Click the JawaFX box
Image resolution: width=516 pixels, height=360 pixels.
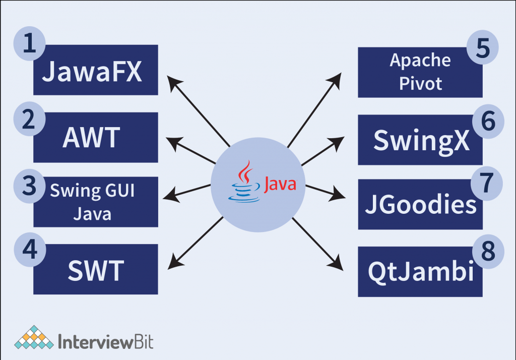pos(96,71)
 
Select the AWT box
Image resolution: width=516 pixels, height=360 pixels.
pos(96,138)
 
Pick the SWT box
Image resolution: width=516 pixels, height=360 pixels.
pos(96,270)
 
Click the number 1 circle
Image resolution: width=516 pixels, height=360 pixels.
pos(30,44)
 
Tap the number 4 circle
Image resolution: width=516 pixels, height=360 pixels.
pos(30,250)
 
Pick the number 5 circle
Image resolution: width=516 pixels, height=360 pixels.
pos(482,48)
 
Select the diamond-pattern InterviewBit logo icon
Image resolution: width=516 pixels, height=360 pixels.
pos(34,337)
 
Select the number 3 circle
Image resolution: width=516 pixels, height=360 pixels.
pos(30,185)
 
